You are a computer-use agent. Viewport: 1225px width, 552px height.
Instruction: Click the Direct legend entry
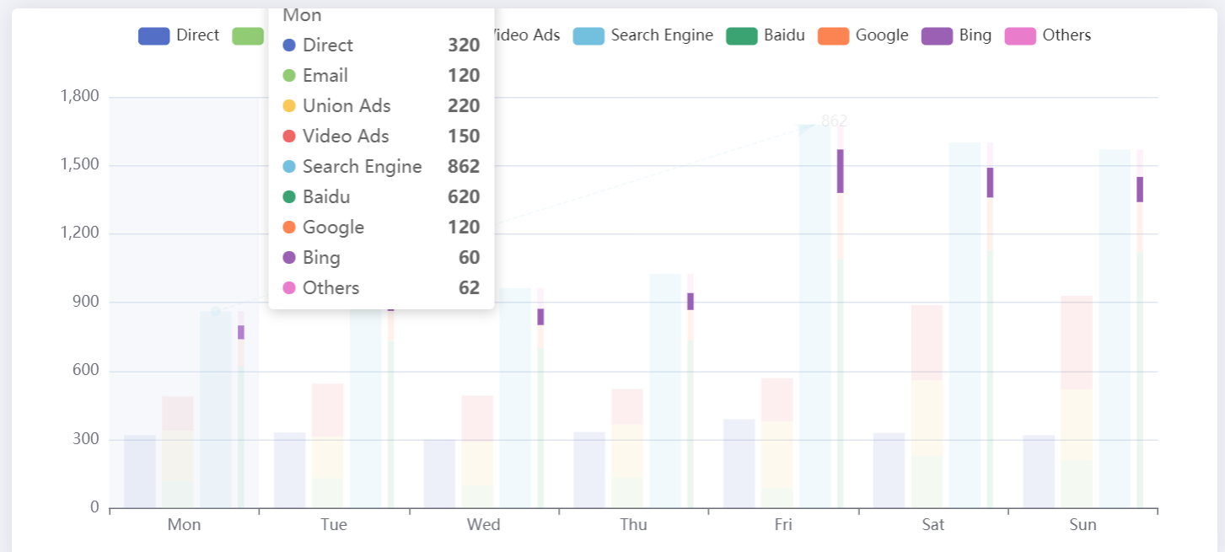pyautogui.click(x=178, y=35)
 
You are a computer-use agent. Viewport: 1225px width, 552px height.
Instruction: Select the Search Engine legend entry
pyautogui.click(x=642, y=35)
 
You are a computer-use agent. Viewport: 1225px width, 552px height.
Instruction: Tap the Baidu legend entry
pyautogui.click(x=766, y=35)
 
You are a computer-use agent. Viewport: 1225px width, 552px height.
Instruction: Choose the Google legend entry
pyautogui.click(x=863, y=35)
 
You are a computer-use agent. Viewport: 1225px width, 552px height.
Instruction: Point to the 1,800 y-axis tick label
pyautogui.click(x=80, y=96)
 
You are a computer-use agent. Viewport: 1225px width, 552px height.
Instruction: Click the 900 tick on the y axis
pyautogui.click(x=88, y=302)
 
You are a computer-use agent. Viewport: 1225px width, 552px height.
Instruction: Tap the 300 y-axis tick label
pyautogui.click(x=88, y=439)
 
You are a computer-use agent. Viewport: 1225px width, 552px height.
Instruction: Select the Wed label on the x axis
pyautogui.click(x=483, y=525)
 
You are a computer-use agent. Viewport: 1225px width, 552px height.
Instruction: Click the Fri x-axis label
pyautogui.click(x=783, y=525)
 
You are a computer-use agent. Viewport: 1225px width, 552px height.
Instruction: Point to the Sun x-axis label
pyautogui.click(x=1083, y=525)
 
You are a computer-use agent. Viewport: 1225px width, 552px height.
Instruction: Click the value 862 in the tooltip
pyautogui.click(x=464, y=167)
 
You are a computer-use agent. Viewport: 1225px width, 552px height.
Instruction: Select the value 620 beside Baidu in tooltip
pyautogui.click(x=464, y=197)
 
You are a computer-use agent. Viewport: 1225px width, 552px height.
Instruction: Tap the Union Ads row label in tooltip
pyautogui.click(x=347, y=106)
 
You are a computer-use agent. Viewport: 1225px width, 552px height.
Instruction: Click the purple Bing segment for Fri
pyautogui.click(x=841, y=171)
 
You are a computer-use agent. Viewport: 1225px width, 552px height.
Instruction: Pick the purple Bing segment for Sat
pyautogui.click(x=990, y=182)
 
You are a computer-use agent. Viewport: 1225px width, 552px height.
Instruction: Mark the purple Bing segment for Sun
pyautogui.click(x=1140, y=189)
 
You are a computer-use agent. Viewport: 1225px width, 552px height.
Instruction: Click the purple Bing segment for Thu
pyautogui.click(x=690, y=301)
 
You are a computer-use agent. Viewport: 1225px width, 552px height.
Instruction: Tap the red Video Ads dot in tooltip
pyautogui.click(x=289, y=137)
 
